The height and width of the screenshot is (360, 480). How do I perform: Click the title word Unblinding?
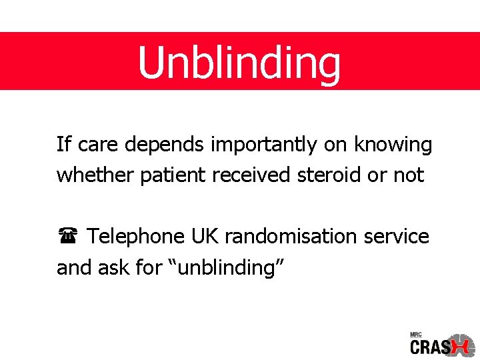click(239, 62)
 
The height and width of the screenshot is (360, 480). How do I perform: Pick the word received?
click(252, 175)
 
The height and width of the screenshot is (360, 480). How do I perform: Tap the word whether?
click(95, 175)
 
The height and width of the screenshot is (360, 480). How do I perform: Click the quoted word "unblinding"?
click(229, 267)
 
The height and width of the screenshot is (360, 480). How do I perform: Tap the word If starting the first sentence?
click(63, 144)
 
